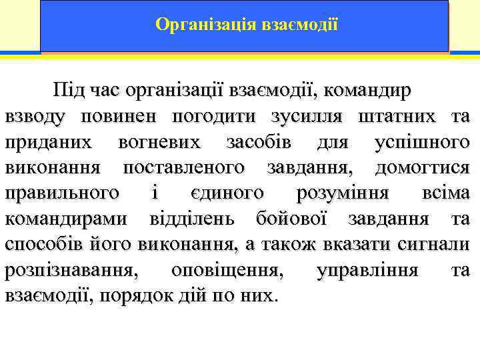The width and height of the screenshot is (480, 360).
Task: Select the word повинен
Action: (x=119, y=117)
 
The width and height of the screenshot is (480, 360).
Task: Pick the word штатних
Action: (x=389, y=117)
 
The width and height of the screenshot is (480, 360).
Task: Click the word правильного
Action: (x=63, y=193)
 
